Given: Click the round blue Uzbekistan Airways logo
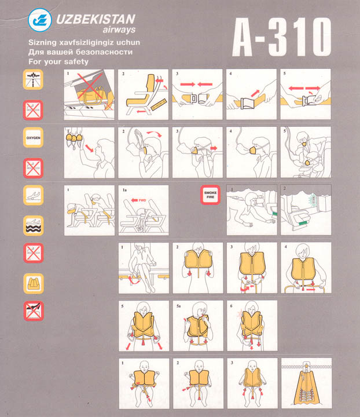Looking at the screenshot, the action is (x=40, y=20).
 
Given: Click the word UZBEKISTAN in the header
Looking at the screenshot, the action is (x=96, y=20).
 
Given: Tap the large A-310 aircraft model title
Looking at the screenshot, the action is (x=282, y=36).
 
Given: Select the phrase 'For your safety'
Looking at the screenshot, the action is (x=58, y=62).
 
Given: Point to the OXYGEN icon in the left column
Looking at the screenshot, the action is (x=33, y=137).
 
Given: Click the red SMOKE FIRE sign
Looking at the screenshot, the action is (x=211, y=195).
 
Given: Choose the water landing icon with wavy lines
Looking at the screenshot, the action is (x=33, y=226).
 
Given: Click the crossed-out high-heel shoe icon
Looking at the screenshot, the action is (x=34, y=311).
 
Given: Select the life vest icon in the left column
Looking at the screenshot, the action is (x=34, y=283).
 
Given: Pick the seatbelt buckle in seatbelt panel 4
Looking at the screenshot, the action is (x=248, y=103).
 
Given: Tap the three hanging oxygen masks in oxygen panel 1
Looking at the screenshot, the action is (x=74, y=139).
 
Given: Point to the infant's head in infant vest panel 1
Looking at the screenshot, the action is (x=144, y=367).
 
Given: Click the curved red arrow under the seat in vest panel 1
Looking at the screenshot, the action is (x=134, y=280).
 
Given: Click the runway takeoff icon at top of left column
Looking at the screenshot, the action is (x=33, y=79).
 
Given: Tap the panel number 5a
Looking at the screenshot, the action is (x=178, y=306).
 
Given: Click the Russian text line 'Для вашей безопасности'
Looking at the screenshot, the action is (x=80, y=52).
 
